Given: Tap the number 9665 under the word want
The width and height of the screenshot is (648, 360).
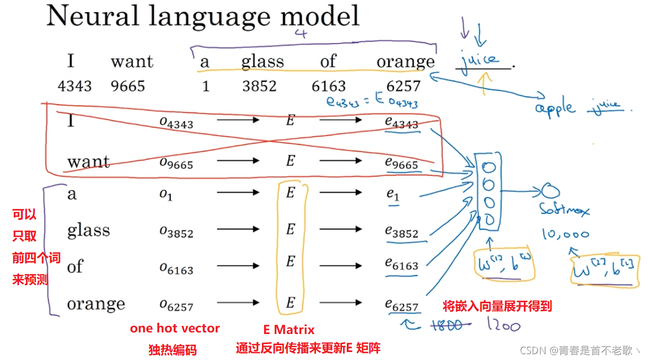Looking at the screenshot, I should pos(127,86).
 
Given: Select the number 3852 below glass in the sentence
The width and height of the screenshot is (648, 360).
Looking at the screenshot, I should pos(259,86).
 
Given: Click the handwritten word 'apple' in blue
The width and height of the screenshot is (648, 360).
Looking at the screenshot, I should pos(555,108).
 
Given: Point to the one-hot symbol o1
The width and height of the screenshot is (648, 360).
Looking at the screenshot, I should pos(166,195).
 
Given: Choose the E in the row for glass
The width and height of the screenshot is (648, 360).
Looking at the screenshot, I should pos(290,229).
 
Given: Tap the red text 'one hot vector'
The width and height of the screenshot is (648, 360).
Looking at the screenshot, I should pos(174,329).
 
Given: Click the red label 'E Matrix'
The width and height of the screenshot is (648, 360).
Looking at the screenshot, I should pos(288,330).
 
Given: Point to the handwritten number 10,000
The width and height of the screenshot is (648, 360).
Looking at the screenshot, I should pos(565,234).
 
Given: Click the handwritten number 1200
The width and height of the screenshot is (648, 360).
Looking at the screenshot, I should pos(502,325).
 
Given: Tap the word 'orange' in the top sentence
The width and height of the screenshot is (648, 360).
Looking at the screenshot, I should pos(405,62).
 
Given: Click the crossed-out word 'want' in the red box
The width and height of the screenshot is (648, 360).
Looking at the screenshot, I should pos(89,161).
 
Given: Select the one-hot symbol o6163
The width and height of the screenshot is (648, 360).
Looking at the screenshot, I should pos(177,269).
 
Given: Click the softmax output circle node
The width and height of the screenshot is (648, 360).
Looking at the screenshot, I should pos(548,191).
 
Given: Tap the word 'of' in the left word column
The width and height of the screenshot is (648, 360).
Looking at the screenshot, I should pos(75,266).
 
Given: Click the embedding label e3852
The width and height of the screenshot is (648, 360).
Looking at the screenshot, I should pos(401,232).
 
